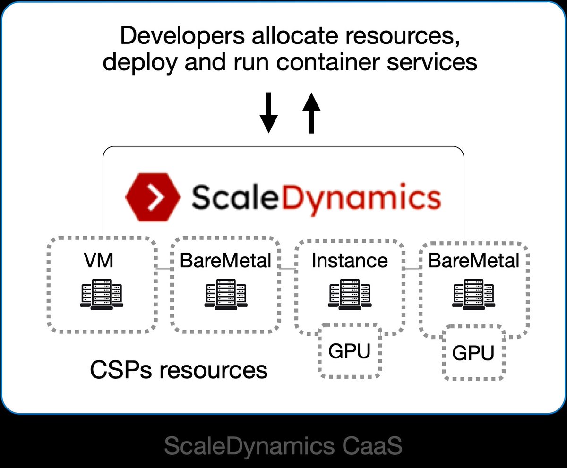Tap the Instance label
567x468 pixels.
pyautogui.click(x=350, y=260)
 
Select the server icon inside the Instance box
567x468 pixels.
pyautogui.click(x=350, y=294)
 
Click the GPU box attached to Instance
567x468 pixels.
pyautogui.click(x=349, y=350)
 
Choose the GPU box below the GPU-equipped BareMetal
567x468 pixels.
pyautogui.click(x=473, y=353)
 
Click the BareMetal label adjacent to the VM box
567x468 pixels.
pyautogui.click(x=225, y=260)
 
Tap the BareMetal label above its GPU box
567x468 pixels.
pyautogui.click(x=473, y=260)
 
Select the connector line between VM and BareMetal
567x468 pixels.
pyautogui.click(x=163, y=269)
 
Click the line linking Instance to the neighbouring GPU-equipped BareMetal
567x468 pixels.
pyautogui.click(x=412, y=269)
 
